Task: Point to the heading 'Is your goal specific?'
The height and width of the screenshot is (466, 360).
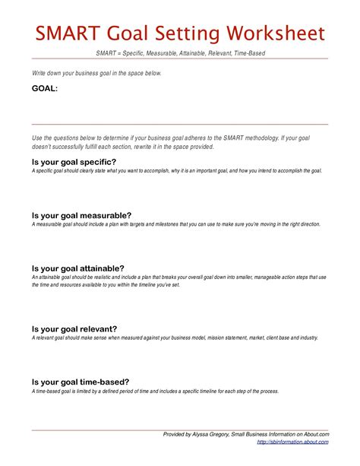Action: (74, 162)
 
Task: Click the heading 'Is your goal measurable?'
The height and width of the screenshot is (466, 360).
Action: (81, 215)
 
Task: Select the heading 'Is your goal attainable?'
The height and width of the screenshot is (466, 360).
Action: (77, 268)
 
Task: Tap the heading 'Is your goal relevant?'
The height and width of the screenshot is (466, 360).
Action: (75, 328)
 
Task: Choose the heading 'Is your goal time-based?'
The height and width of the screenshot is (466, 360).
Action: (80, 382)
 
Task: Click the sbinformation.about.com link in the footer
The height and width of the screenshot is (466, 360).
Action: (293, 442)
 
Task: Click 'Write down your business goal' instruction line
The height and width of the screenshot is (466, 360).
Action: (96, 73)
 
